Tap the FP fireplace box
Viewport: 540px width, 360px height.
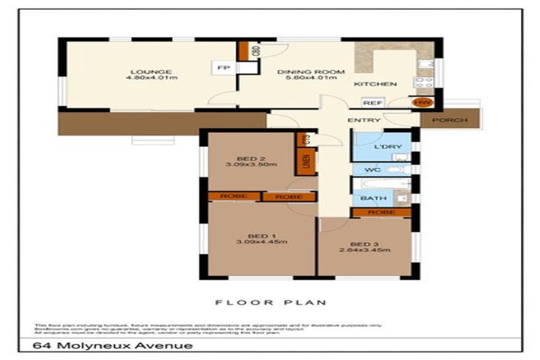tap(224, 67)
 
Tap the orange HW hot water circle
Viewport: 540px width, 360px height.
tap(423, 103)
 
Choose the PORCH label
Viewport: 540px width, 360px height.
tap(449, 120)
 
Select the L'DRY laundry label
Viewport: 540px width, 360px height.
tap(387, 146)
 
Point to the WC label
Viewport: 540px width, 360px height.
tap(368, 169)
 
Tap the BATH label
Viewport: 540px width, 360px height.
tap(368, 198)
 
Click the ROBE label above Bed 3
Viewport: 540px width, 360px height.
tap(380, 212)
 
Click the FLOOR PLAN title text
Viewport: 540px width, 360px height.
tap(271, 302)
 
